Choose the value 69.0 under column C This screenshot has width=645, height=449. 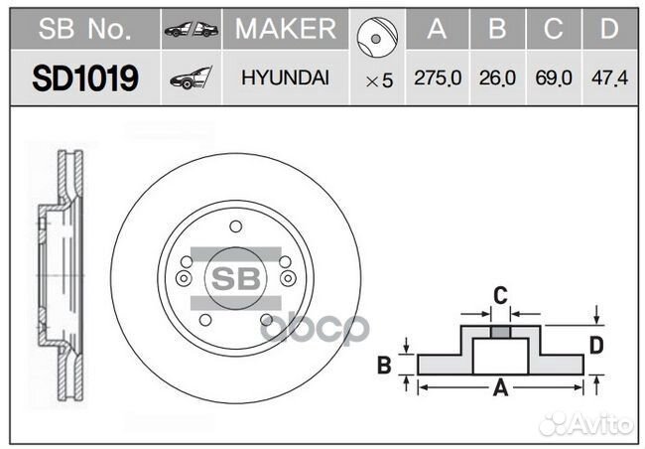(555, 78)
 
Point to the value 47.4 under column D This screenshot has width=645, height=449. (609, 78)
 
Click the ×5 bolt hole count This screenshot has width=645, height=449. (379, 80)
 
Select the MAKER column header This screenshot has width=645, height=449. (285, 30)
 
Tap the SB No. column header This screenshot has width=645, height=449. (84, 30)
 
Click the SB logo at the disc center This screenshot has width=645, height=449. (235, 275)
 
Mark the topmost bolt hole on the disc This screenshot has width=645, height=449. (235, 226)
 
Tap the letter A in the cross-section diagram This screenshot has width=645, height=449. (501, 388)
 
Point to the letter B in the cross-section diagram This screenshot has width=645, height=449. (384, 366)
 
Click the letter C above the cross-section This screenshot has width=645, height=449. (501, 293)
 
